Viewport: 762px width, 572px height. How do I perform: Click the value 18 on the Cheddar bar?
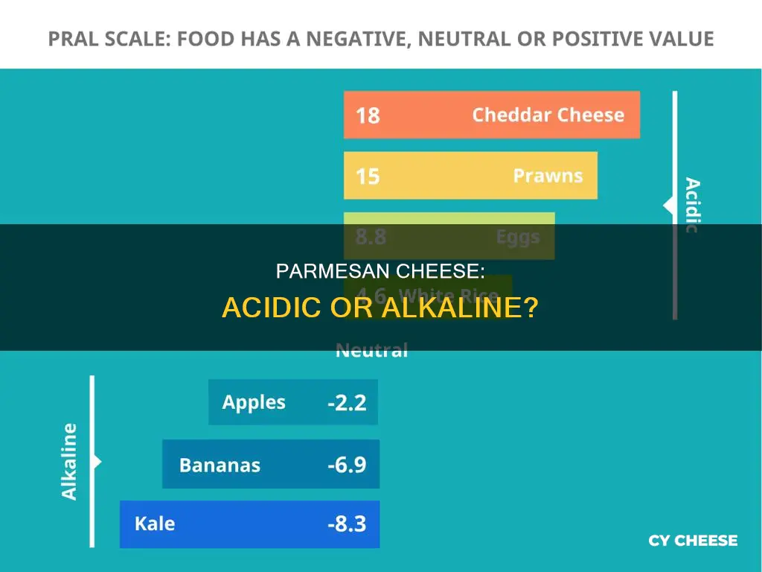point(368,115)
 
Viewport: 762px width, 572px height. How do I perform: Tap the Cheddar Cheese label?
point(548,115)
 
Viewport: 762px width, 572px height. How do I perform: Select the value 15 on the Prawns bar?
point(368,177)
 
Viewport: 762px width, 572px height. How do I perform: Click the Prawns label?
point(548,176)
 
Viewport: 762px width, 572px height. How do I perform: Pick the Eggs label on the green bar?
point(519,237)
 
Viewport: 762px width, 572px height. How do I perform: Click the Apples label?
point(254,402)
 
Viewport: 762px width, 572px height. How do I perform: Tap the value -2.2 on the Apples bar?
point(347,403)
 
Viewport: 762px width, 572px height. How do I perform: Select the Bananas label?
point(220,465)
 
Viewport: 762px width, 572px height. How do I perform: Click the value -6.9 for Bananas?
point(347,465)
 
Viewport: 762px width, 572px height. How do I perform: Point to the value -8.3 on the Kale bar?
point(347,524)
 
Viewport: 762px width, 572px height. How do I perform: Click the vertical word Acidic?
point(691,206)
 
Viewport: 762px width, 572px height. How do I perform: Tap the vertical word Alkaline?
point(69,461)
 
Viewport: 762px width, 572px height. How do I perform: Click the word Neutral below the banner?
point(372,351)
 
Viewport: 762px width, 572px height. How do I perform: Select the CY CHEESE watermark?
point(693,541)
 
